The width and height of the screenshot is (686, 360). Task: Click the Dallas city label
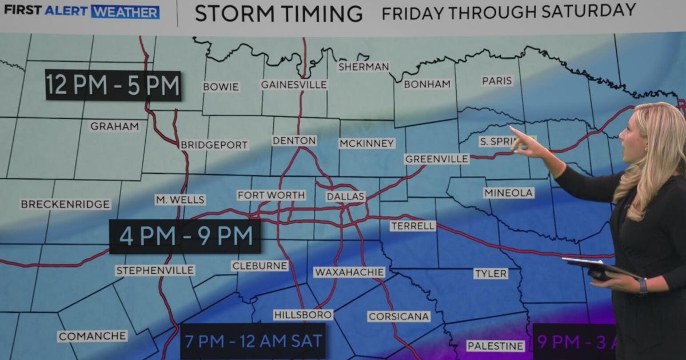(345, 197)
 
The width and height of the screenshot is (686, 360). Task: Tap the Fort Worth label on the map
(271, 195)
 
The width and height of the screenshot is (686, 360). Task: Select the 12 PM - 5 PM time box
(113, 86)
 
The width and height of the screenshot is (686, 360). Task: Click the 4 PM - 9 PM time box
(185, 236)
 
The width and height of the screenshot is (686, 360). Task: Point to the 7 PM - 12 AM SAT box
(253, 341)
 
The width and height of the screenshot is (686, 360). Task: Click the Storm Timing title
(278, 13)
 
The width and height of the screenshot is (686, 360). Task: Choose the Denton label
(294, 141)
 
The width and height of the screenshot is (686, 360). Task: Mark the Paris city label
(497, 81)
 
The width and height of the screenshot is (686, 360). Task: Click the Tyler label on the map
(490, 274)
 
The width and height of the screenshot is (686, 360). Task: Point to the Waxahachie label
(349, 273)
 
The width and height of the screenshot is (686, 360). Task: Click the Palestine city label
(495, 346)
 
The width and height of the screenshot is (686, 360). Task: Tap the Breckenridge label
(65, 204)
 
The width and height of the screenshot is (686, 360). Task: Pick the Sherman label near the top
(364, 67)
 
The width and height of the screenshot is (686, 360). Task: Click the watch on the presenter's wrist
(643, 285)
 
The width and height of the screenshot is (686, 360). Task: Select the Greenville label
(436, 159)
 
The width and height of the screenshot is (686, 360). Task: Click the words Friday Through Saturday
(509, 11)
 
